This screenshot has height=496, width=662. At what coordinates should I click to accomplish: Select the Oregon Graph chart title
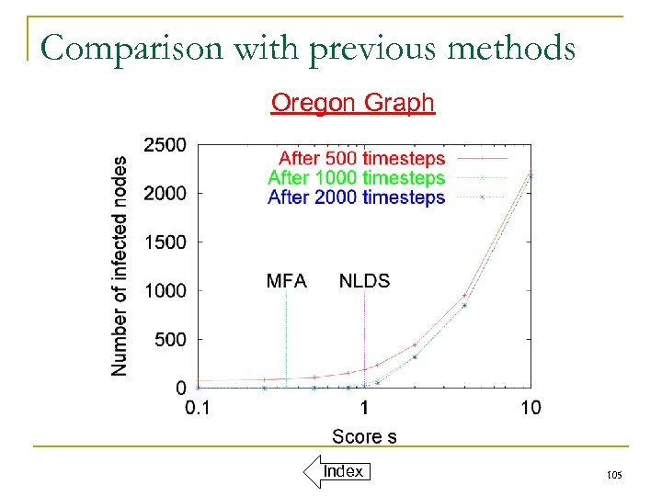point(352,102)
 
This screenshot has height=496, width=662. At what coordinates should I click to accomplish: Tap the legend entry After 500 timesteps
point(361,159)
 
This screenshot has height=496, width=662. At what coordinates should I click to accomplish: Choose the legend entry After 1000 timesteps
point(357,178)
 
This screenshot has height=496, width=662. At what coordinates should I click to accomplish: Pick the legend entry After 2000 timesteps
point(357,197)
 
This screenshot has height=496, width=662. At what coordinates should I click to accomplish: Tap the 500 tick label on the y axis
point(170,340)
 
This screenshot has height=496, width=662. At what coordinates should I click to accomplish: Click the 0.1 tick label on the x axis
point(197,408)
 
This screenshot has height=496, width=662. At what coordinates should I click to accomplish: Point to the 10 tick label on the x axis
point(531,408)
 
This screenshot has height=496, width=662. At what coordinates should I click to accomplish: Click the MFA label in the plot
point(286,281)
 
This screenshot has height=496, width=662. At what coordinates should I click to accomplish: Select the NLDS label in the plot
point(364,281)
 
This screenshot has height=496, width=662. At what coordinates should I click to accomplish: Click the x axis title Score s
point(364,436)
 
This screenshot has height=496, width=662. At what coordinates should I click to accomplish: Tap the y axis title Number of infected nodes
point(120,265)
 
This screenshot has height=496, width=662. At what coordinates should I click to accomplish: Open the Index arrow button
point(336,471)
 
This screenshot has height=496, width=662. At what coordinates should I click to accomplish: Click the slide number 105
point(614,475)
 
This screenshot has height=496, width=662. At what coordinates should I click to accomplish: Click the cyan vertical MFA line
point(287,340)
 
